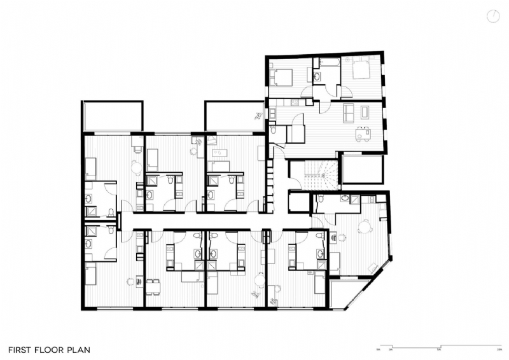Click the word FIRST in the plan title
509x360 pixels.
21,350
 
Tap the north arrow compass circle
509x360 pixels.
493,16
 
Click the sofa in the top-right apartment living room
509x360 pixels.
349,113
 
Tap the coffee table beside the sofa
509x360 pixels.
365,113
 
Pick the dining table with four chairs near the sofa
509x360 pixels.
363,135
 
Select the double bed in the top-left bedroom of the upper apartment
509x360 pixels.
281,76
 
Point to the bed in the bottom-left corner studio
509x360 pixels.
92,275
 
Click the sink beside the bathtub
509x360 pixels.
317,76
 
